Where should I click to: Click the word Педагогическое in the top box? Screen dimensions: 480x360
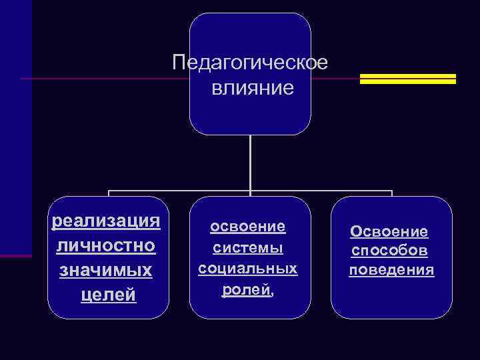pyautogui.click(x=250, y=63)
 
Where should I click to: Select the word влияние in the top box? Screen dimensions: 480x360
pyautogui.click(x=253, y=87)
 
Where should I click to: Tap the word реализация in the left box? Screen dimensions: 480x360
pyautogui.click(x=107, y=221)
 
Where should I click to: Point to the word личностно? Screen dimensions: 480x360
pyautogui.click(x=107, y=245)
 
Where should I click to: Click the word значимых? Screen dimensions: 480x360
pyautogui.click(x=107, y=270)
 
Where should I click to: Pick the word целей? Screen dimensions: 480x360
pyautogui.click(x=108, y=295)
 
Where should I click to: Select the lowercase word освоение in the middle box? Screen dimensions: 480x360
pyautogui.click(x=248, y=227)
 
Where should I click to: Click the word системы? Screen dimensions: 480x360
pyautogui.click(x=248, y=248)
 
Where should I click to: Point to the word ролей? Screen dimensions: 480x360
pyautogui.click(x=244, y=289)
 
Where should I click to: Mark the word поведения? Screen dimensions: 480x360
pyautogui.click(x=391, y=271)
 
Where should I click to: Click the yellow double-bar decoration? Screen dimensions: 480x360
pyautogui.click(x=407, y=79)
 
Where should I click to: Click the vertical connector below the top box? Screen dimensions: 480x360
pyautogui.click(x=250, y=163)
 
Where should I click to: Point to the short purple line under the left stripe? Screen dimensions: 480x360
pyautogui.click(x=15, y=255)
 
